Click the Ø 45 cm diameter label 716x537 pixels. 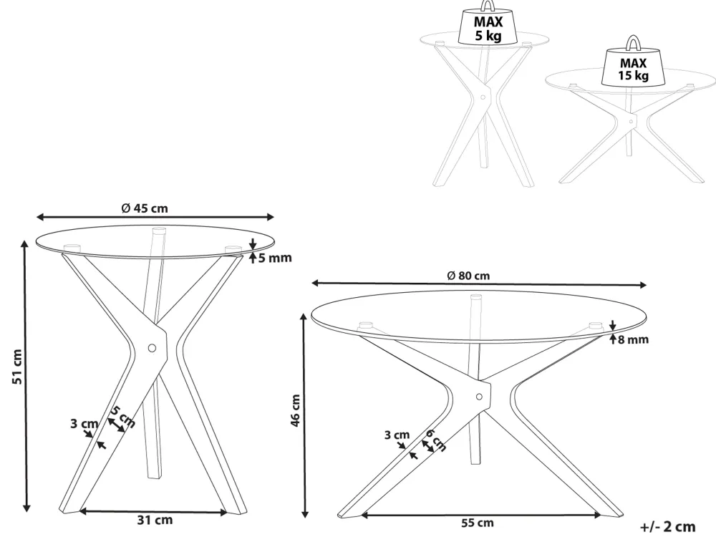tap(145, 208)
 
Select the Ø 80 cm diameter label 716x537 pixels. tap(468, 276)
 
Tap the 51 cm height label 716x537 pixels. tap(17, 367)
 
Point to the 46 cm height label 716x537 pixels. tap(296, 410)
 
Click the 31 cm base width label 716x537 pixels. tap(155, 520)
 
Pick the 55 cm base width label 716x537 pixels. tap(477, 523)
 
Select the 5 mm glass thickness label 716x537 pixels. tap(275, 258)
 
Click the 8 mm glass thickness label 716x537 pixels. tap(634, 339)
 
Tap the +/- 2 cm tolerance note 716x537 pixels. tap(667, 526)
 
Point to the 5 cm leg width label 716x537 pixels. tap(123, 417)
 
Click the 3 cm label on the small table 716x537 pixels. tap(84, 424)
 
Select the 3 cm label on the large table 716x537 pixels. tap(397, 435)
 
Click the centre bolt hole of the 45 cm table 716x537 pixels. tap(152, 348)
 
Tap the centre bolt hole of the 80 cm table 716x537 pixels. tap(479, 397)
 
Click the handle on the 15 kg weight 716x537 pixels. tap(632, 42)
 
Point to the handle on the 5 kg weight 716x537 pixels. tap(487, 6)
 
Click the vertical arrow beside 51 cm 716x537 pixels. tap(26, 377)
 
